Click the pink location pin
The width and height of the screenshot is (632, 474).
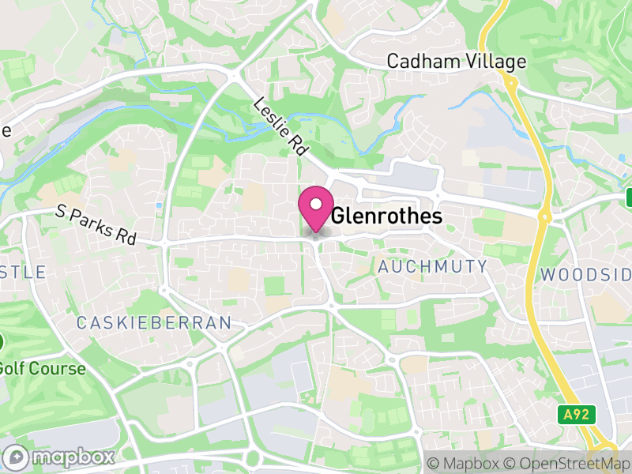[316, 208]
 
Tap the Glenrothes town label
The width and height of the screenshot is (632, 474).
[386, 216]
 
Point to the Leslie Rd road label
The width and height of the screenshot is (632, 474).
[280, 126]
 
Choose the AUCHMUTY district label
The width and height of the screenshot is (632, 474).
[433, 267]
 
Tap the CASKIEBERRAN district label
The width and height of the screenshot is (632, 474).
[154, 322]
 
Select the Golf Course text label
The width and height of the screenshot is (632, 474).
[42, 368]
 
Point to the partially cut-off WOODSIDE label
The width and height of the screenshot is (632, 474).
[586, 275]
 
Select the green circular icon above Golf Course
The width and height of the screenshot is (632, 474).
[2, 343]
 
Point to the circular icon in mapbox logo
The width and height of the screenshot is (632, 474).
[15, 457]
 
